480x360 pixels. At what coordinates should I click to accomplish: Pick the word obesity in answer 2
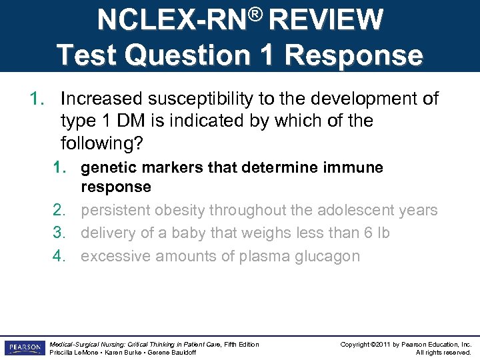click(x=179, y=211)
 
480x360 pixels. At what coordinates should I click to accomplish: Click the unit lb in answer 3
click(x=382, y=233)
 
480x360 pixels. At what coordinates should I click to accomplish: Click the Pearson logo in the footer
click(x=24, y=348)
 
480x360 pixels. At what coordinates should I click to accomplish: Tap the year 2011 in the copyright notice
click(x=379, y=344)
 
